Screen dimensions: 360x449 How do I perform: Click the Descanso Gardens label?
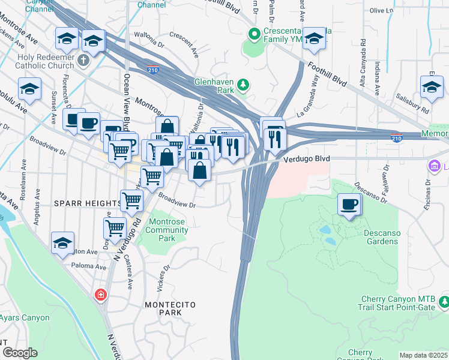click(381, 237)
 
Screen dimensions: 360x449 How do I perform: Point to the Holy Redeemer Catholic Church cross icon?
click(83, 61)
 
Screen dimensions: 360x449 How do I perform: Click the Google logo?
click(20, 353)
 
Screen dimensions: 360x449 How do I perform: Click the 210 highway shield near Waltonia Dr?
click(153, 69)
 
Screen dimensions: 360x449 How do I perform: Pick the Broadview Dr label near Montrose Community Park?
click(177, 199)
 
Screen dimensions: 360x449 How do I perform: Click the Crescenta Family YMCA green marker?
click(254, 34)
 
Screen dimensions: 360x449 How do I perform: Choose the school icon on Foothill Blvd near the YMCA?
click(313, 39)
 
